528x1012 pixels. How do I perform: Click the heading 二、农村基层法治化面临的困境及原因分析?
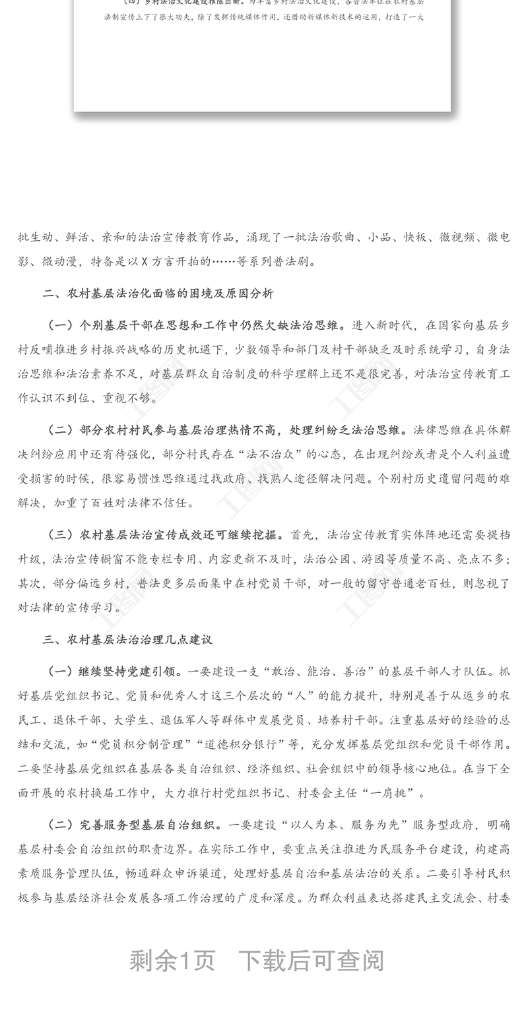coord(158,294)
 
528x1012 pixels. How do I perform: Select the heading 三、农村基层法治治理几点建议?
coord(127,639)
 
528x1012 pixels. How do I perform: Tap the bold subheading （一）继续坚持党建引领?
coord(113,672)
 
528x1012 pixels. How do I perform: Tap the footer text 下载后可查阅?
coord(310,961)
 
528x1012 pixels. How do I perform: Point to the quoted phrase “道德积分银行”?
coord(236,744)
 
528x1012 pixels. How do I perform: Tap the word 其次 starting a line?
coord(30,583)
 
